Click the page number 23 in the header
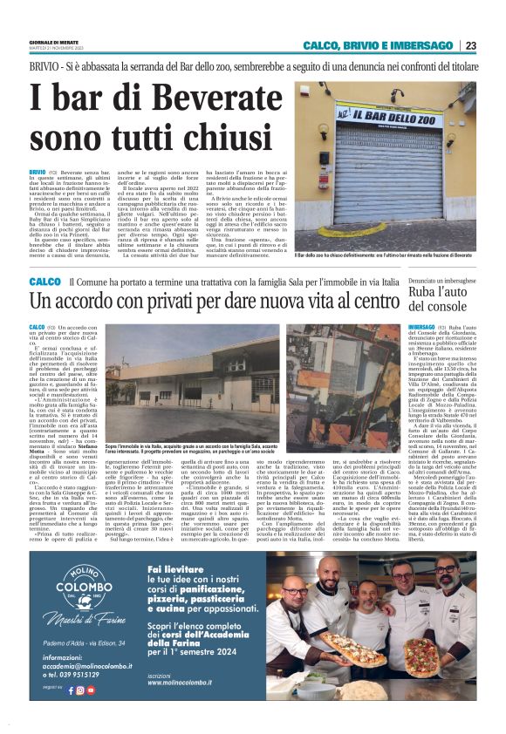(x=470, y=46)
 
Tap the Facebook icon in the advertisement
(x=71, y=690)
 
